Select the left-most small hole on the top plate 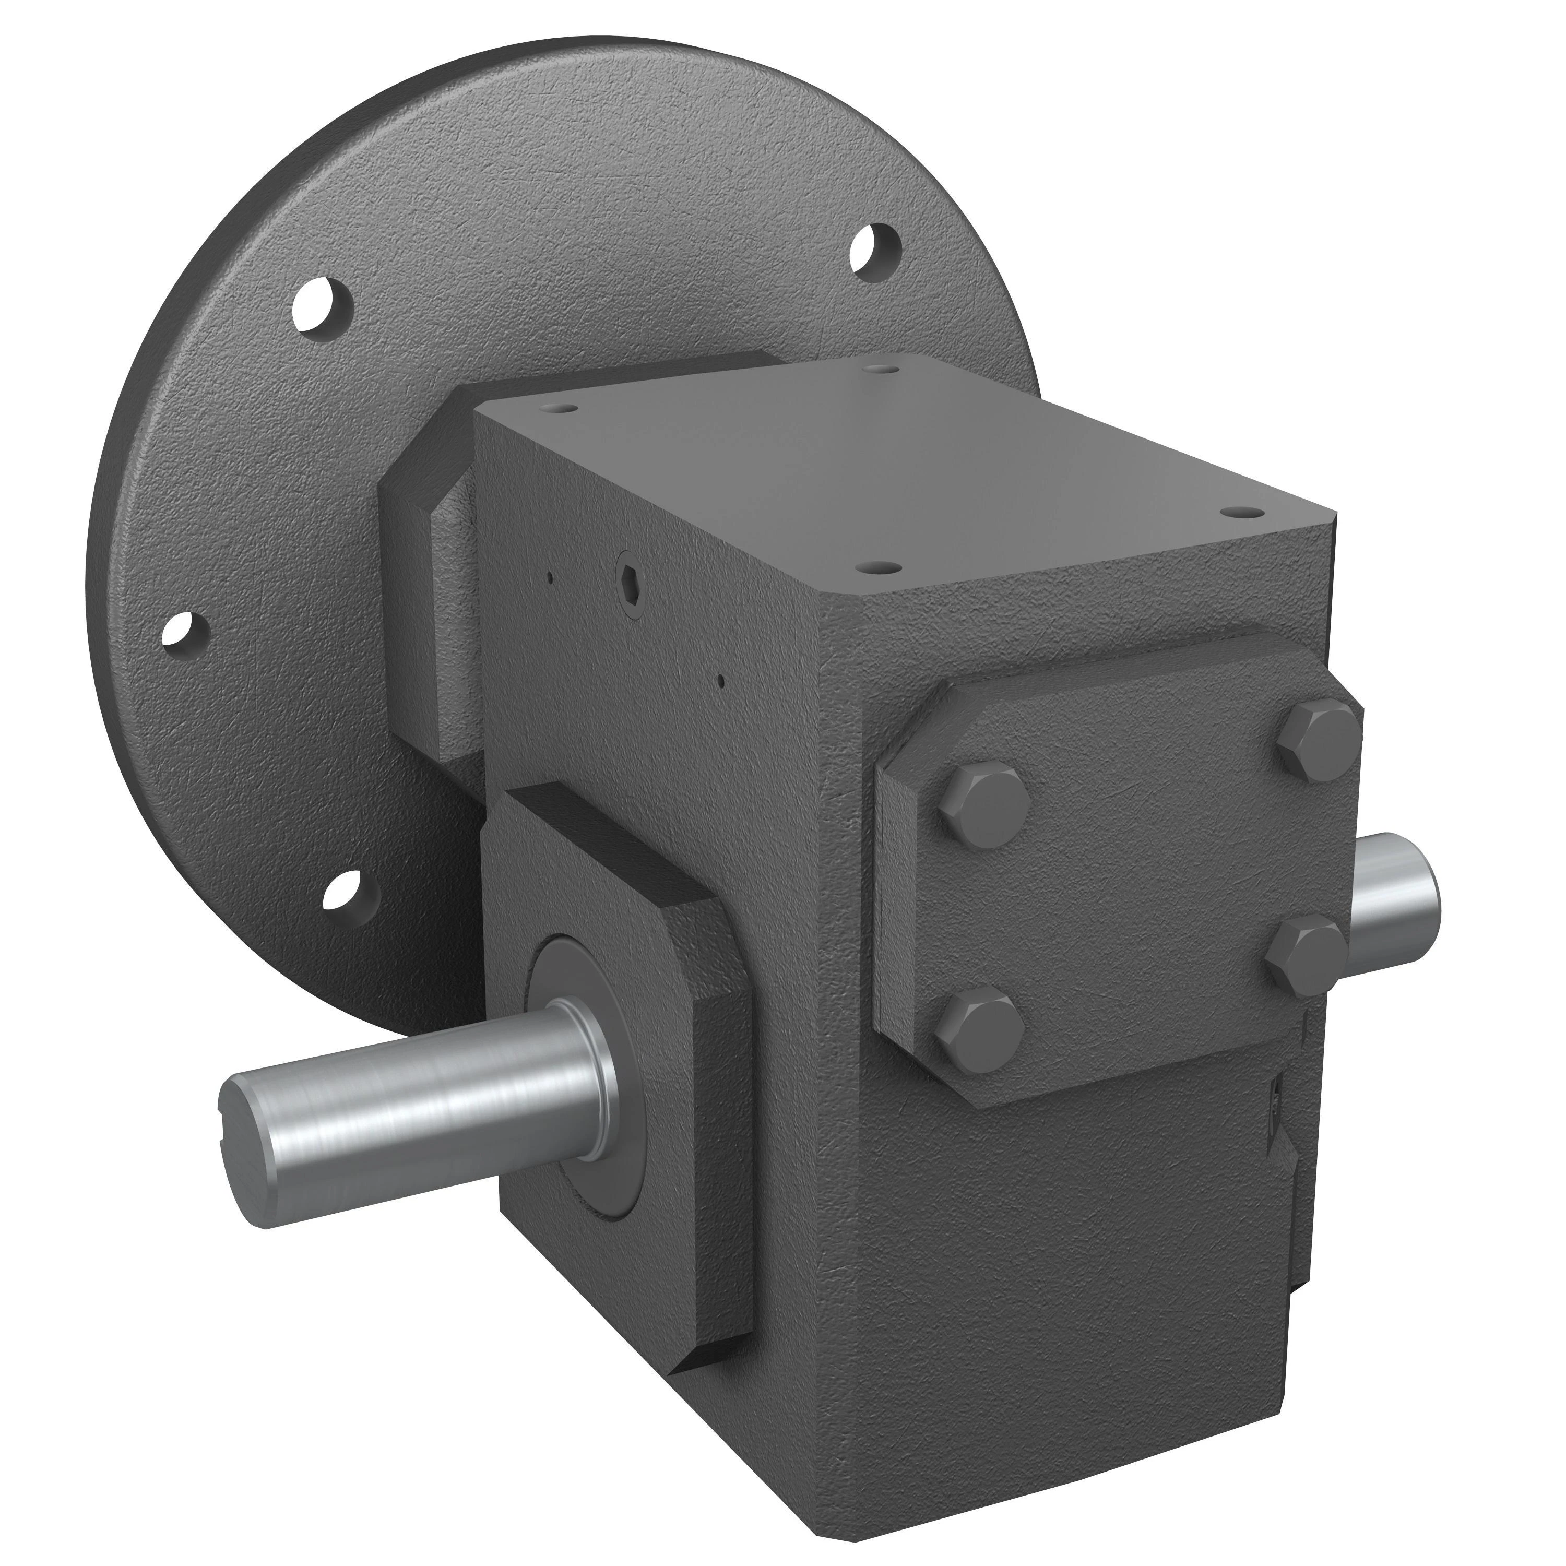[x=562, y=409]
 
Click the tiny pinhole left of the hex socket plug [x=550, y=579]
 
